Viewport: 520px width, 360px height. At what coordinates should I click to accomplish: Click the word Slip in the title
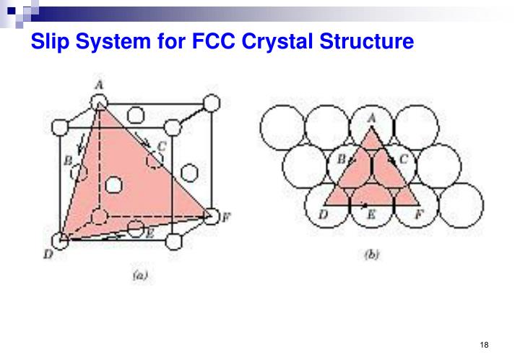pyautogui.click(x=50, y=41)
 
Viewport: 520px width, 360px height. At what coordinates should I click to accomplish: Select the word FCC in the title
pyautogui.click(x=214, y=40)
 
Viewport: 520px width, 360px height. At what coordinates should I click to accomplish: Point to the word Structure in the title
pyautogui.click(x=366, y=40)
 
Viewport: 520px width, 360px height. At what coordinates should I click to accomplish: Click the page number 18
pyautogui.click(x=484, y=345)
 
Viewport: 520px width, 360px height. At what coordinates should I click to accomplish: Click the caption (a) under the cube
pyautogui.click(x=140, y=275)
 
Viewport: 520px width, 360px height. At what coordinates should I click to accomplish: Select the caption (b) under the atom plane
pyautogui.click(x=371, y=254)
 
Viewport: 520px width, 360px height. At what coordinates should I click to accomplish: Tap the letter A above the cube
pyautogui.click(x=99, y=85)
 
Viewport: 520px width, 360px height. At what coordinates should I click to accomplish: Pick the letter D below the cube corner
pyautogui.click(x=48, y=254)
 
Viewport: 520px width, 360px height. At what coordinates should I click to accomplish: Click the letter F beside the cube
pyautogui.click(x=226, y=218)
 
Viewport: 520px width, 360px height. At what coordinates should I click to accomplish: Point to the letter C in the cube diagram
pyautogui.click(x=162, y=146)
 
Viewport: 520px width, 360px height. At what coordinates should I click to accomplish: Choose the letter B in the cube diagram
pyautogui.click(x=68, y=161)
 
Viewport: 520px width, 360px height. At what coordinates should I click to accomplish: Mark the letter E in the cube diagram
pyautogui.click(x=150, y=234)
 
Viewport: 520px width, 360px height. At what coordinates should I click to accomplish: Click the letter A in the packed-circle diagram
pyautogui.click(x=371, y=118)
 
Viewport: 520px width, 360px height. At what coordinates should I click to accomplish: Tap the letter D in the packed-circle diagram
pyautogui.click(x=323, y=215)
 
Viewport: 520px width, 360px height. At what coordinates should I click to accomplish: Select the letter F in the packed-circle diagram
pyautogui.click(x=419, y=215)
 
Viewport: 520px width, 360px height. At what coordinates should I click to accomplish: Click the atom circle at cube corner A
pyautogui.click(x=99, y=102)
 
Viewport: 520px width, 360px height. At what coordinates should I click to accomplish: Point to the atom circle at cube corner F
pyautogui.click(x=211, y=216)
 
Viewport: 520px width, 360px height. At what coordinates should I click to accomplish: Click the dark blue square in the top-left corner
pyautogui.click(x=12, y=10)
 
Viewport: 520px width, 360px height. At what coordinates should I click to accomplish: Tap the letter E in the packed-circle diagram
pyautogui.click(x=371, y=215)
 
